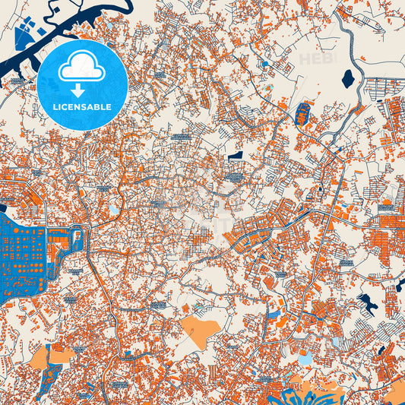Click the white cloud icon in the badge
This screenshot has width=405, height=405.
(82, 68)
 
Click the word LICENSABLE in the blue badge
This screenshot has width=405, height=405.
(82, 106)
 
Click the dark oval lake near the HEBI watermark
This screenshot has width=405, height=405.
(347, 78)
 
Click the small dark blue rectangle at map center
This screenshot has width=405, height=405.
(236, 155)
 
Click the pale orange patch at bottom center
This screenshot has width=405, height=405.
(199, 331)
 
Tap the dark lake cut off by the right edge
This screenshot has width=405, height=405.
(400, 287)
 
